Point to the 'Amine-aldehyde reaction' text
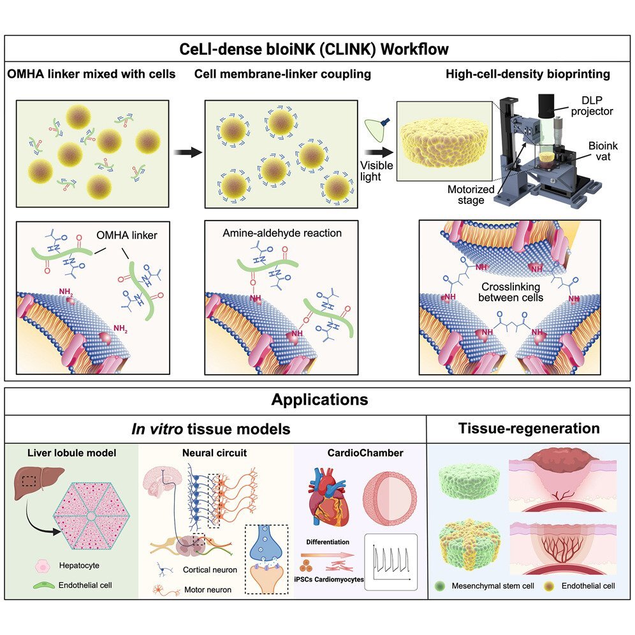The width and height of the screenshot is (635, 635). point(282,233)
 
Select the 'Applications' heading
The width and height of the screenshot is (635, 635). point(319,400)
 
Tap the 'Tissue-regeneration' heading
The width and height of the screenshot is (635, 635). point(529,428)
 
